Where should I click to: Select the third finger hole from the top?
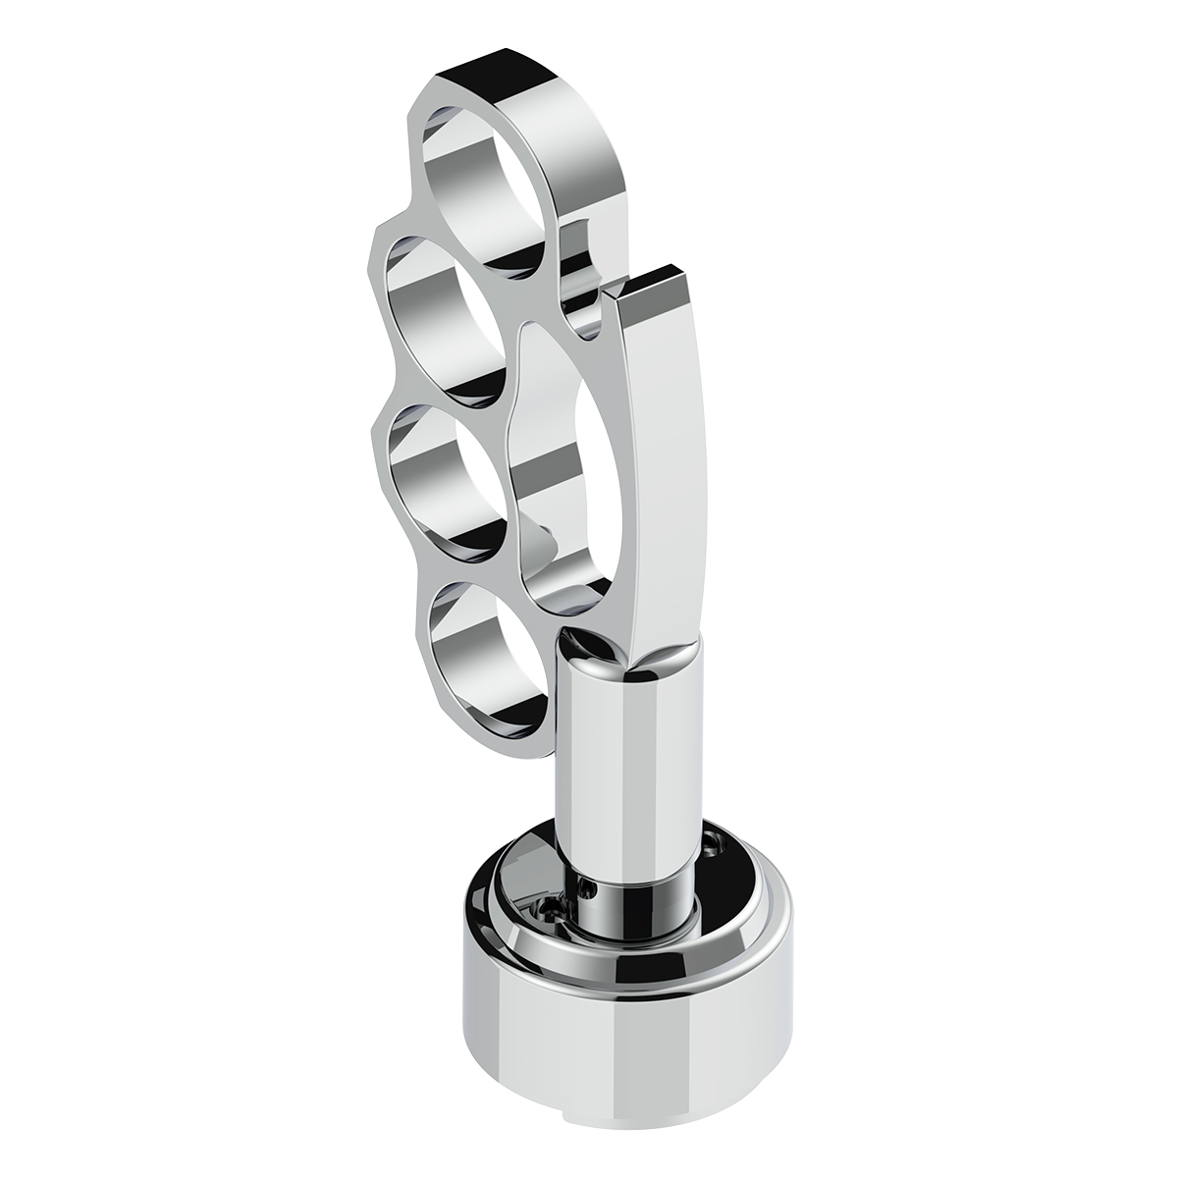pyautogui.click(x=442, y=471)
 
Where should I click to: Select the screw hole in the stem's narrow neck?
pyautogui.click(x=589, y=889)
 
